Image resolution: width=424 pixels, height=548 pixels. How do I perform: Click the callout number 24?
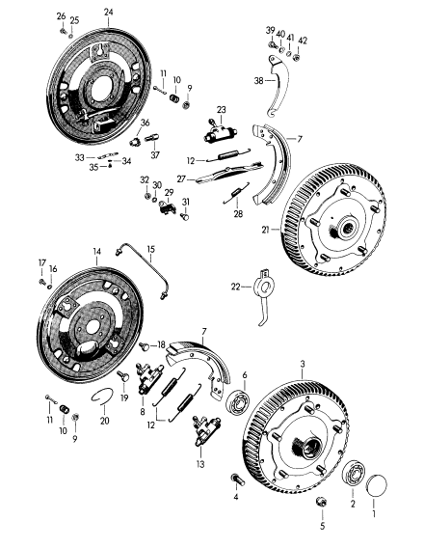(x=109, y=12)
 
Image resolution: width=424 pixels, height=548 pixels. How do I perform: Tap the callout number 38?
(x=258, y=81)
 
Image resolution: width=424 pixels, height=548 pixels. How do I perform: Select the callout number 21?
(x=266, y=230)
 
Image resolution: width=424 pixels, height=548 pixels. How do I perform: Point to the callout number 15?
(x=150, y=249)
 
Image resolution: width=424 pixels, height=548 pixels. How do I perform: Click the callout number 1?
(x=374, y=513)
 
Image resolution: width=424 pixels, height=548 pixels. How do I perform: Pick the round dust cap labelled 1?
(x=377, y=484)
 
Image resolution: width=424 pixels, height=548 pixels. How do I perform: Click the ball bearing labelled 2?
(x=353, y=474)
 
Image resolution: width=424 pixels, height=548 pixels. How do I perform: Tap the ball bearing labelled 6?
(x=238, y=402)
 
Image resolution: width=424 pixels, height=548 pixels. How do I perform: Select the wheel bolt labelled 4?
(x=238, y=479)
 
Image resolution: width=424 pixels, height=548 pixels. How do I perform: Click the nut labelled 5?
(x=321, y=502)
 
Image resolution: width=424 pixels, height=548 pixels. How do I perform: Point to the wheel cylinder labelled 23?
(x=220, y=133)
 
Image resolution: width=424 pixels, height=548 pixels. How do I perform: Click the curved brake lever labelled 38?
(x=278, y=86)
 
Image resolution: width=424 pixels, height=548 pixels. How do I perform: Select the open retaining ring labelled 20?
(x=101, y=396)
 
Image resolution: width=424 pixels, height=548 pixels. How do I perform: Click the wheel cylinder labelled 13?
(x=206, y=431)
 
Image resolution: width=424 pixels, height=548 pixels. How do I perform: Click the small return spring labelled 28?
(x=236, y=193)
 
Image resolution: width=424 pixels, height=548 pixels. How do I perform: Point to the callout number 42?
(x=303, y=41)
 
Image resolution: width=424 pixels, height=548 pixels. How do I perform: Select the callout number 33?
(x=80, y=157)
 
